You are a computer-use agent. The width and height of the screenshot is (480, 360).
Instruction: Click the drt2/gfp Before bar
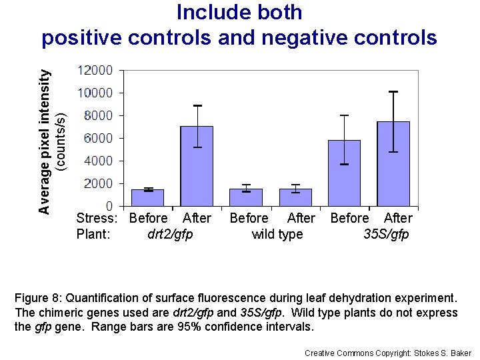click(147, 197)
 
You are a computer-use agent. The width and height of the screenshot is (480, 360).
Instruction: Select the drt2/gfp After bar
click(197, 166)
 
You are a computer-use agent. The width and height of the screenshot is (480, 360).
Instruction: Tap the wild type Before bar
click(246, 197)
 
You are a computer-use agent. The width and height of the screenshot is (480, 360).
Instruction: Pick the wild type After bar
click(295, 197)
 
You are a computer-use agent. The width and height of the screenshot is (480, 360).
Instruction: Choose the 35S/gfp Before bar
click(344, 173)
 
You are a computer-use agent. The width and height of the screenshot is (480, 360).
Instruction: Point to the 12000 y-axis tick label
click(95, 70)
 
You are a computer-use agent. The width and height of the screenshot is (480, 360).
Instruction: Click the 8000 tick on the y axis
click(98, 115)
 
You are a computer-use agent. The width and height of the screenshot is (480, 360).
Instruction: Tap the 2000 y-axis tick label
click(98, 183)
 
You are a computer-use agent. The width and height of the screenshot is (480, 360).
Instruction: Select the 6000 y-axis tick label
click(98, 138)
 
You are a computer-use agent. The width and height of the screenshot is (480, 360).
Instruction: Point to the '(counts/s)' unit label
click(60, 140)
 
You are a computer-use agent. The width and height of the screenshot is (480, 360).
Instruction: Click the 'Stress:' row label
click(97, 218)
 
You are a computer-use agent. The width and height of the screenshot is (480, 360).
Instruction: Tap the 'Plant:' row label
click(93, 234)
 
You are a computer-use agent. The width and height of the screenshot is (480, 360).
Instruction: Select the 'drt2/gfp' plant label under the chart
click(170, 234)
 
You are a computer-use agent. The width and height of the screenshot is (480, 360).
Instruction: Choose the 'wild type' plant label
click(277, 234)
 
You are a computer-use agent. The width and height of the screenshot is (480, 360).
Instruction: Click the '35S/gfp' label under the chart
click(386, 234)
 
